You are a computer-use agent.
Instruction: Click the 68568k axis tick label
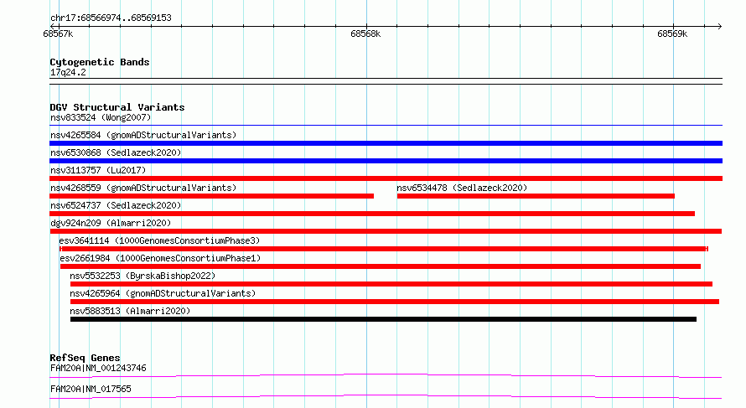click(x=365, y=34)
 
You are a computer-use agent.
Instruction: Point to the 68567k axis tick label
click(x=58, y=34)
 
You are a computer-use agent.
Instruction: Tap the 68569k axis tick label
click(x=672, y=34)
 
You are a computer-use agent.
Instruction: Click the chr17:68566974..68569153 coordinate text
click(x=111, y=18)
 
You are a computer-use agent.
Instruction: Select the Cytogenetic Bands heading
click(x=100, y=62)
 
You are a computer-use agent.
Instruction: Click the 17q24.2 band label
click(x=68, y=73)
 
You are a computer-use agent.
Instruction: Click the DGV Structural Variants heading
click(x=117, y=107)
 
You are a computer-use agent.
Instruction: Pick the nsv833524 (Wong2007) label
click(x=101, y=118)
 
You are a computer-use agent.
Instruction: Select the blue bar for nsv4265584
click(x=386, y=143)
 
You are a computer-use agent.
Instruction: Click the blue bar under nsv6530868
click(x=386, y=161)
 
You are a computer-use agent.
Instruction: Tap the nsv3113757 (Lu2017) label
click(x=98, y=170)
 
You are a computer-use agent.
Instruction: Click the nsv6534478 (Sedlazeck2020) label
click(x=462, y=188)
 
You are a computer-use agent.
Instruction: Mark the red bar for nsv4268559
click(x=212, y=196)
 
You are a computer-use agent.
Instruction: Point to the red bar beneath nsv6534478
click(x=536, y=196)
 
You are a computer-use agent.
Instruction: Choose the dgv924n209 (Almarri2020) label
click(x=111, y=223)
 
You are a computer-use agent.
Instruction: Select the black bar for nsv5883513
click(x=383, y=319)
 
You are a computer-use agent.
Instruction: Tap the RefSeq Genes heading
click(x=85, y=358)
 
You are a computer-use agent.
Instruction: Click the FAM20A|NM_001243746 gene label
click(x=98, y=369)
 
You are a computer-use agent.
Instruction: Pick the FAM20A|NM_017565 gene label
click(x=91, y=390)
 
